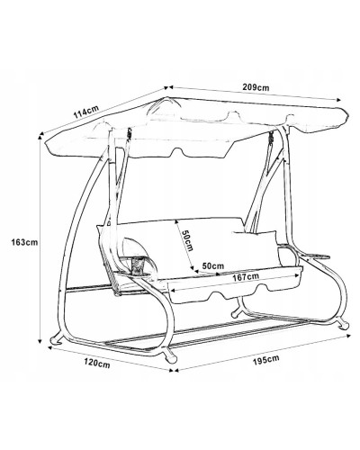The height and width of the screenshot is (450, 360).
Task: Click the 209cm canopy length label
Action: (256, 87)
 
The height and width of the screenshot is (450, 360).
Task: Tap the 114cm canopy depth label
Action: (86, 112)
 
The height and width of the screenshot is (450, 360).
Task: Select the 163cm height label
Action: (24, 242)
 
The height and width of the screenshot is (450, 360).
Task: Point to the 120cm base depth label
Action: (97, 364)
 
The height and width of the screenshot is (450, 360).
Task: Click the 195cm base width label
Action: (265, 359)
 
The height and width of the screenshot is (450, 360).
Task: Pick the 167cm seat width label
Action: (246, 277)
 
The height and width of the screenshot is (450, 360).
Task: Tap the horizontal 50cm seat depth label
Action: (213, 265)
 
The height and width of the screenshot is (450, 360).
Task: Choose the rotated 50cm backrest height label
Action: (187, 240)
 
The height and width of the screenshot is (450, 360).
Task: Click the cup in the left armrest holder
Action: (138, 264)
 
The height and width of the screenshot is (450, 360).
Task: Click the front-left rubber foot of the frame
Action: (56, 339)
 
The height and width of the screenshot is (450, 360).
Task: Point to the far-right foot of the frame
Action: (343, 325)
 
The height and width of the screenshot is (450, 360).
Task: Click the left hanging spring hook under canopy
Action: (130, 134)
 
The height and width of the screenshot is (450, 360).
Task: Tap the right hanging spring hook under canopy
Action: (272, 137)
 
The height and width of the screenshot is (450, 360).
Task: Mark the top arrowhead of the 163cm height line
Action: (40, 137)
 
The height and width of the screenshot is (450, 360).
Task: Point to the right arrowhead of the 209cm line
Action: (338, 100)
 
